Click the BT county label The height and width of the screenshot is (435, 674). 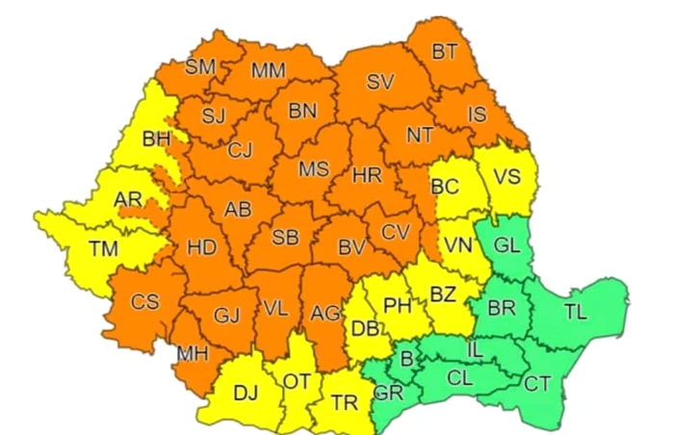[x=444, y=53]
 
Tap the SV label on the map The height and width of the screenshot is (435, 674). [x=379, y=82]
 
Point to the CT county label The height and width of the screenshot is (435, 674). [x=538, y=384]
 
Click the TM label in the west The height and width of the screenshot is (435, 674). [x=103, y=248]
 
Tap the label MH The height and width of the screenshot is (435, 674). [x=193, y=353]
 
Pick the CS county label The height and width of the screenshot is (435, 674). [x=144, y=301]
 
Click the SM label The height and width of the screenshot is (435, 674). [x=200, y=66]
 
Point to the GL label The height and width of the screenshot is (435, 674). [x=506, y=244]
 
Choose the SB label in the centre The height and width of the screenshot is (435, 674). [x=284, y=238]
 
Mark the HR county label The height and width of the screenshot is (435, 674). [x=367, y=176]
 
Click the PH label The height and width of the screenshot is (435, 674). [x=397, y=306]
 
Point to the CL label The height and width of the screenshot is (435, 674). [x=462, y=378]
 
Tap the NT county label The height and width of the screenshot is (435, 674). [x=419, y=135]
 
